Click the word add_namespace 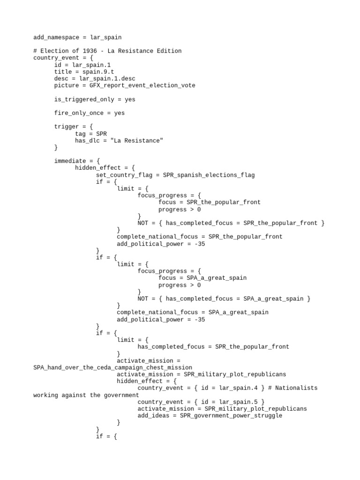tap(56, 37)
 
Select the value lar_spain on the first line tap(106, 37)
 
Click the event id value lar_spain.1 tap(91, 65)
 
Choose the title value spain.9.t tap(98, 72)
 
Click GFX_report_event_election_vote tap(142, 85)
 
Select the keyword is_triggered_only tap(84, 99)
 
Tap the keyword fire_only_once tap(79, 113)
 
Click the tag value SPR tap(102, 134)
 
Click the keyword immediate tap(70, 161)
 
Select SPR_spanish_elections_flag tap(209, 175)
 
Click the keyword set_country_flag tap(124, 175)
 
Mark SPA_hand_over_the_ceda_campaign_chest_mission tap(113, 367)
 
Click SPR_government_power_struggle tap(231, 415)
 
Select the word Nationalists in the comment tap(296, 388)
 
